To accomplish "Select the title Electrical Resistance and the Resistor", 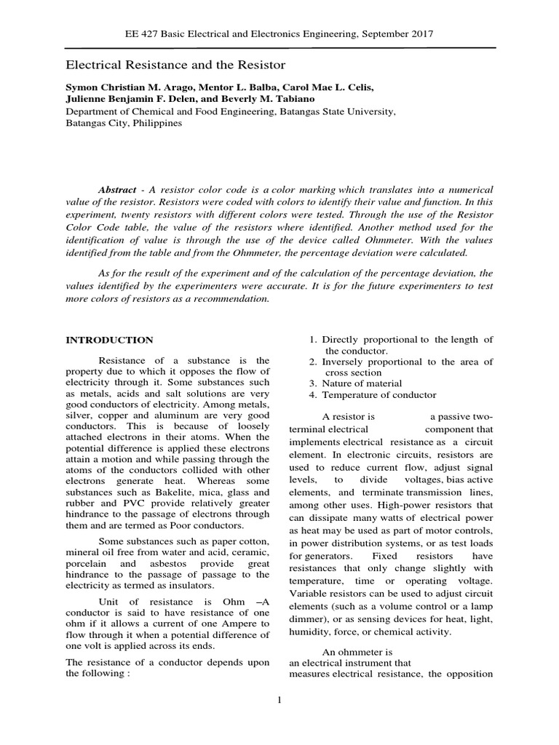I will [176, 65].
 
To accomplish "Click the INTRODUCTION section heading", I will [110, 340].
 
